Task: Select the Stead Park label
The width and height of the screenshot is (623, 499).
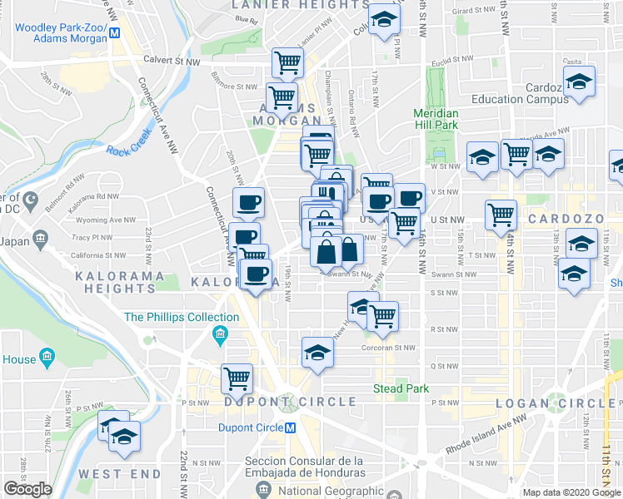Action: (x=401, y=388)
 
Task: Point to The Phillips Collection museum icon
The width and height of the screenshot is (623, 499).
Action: (x=221, y=336)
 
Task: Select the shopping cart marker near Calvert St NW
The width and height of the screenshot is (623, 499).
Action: (x=287, y=62)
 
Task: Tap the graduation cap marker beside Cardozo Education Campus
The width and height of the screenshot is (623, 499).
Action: (x=578, y=82)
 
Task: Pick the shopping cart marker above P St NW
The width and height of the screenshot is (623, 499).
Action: (x=237, y=378)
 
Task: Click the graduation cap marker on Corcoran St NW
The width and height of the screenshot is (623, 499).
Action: (x=316, y=353)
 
